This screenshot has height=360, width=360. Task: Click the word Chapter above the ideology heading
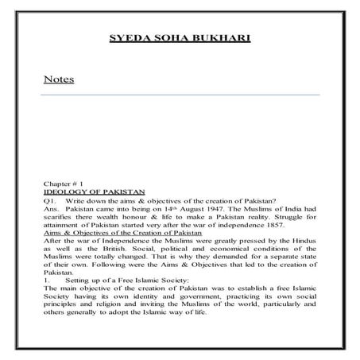(58, 183)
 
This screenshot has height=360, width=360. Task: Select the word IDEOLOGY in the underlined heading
(68, 192)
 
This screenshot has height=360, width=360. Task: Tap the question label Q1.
(49, 200)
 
